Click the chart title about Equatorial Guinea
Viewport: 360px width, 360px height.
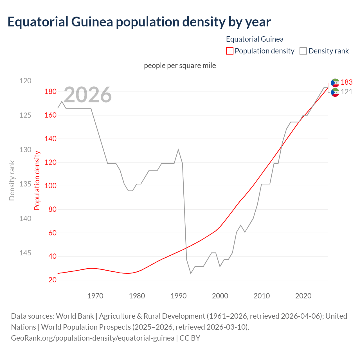click(139, 22)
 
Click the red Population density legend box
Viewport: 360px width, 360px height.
click(229, 51)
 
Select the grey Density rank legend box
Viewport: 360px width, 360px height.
click(303, 51)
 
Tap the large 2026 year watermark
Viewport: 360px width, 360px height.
click(88, 95)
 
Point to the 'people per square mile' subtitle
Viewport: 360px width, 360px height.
click(180, 66)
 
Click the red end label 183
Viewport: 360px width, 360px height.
click(346, 82)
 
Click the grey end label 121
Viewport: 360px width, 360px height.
click(346, 92)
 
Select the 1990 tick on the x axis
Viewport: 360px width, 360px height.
click(179, 296)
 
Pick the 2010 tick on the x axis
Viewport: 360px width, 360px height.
click(262, 296)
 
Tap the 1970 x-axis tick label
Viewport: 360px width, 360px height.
click(95, 296)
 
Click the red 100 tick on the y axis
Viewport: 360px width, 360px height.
click(51, 186)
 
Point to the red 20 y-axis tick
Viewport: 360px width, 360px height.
click(52, 280)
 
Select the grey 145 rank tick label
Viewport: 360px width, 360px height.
click(25, 253)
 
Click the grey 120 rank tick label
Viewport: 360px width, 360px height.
click(25, 81)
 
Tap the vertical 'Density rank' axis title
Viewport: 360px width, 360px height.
click(12, 180)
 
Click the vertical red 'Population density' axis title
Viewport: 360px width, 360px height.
click(37, 180)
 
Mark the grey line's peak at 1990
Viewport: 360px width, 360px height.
click(178, 149)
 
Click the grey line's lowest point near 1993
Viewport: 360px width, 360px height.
click(191, 273)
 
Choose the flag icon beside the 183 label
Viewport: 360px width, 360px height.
click(335, 83)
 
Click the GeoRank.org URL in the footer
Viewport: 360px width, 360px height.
click(93, 338)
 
